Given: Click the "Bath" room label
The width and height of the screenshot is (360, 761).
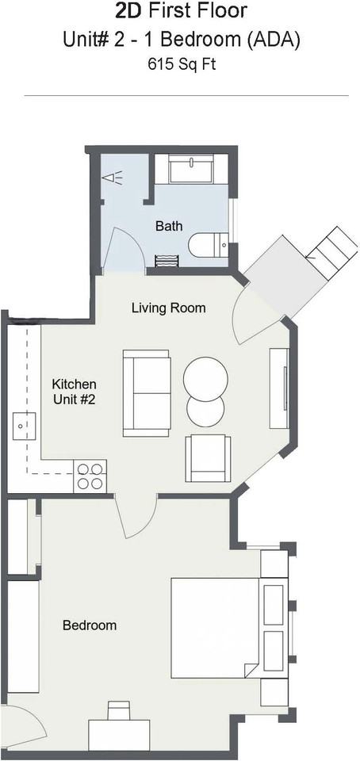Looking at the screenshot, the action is (x=169, y=226).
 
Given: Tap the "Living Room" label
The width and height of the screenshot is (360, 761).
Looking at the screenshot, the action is (x=168, y=308).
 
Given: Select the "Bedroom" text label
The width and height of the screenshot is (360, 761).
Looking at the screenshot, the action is (x=90, y=625).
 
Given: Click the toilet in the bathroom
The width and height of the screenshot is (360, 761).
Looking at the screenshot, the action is (x=209, y=245).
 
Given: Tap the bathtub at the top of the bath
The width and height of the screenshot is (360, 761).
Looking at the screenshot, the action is (x=190, y=169).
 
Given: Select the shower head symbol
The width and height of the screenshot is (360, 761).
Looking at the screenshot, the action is (x=111, y=178).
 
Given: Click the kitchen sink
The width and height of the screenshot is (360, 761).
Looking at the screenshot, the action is (x=25, y=426).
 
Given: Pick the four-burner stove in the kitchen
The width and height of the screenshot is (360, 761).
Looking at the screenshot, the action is (x=90, y=476).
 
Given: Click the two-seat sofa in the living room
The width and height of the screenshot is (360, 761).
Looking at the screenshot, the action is (x=147, y=392).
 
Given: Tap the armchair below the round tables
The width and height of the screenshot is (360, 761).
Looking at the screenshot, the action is (x=208, y=459).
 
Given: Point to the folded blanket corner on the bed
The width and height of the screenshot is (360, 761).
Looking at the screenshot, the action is (x=252, y=671).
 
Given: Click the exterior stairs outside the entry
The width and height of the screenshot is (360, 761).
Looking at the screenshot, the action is (x=333, y=254).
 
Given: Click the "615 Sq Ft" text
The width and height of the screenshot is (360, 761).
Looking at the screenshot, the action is (x=182, y=64).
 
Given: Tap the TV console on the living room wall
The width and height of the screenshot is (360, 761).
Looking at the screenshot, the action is (x=279, y=388).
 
